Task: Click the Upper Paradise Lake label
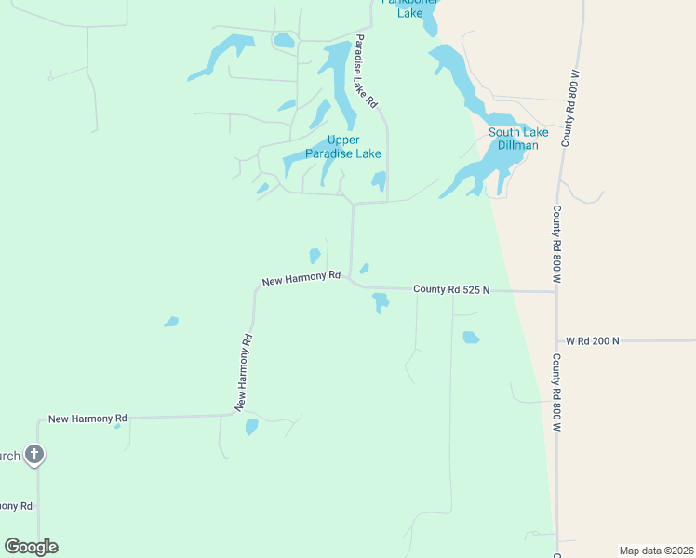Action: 342,147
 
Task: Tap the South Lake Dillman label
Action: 518,139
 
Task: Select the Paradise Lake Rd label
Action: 364,71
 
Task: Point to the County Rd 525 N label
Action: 451,290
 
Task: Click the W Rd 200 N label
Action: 592,341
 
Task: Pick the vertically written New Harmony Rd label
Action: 244,372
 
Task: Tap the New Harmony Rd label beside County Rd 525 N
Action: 301,278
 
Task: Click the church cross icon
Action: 33,455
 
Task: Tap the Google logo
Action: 31,547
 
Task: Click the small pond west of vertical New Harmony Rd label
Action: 171,322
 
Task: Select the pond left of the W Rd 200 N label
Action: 471,338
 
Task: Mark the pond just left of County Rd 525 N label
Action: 380,302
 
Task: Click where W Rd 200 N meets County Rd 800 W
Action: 557,341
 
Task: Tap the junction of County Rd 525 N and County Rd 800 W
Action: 556,292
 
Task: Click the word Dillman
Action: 518,145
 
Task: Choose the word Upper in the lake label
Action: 343,140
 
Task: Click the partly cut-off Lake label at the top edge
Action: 410,13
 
